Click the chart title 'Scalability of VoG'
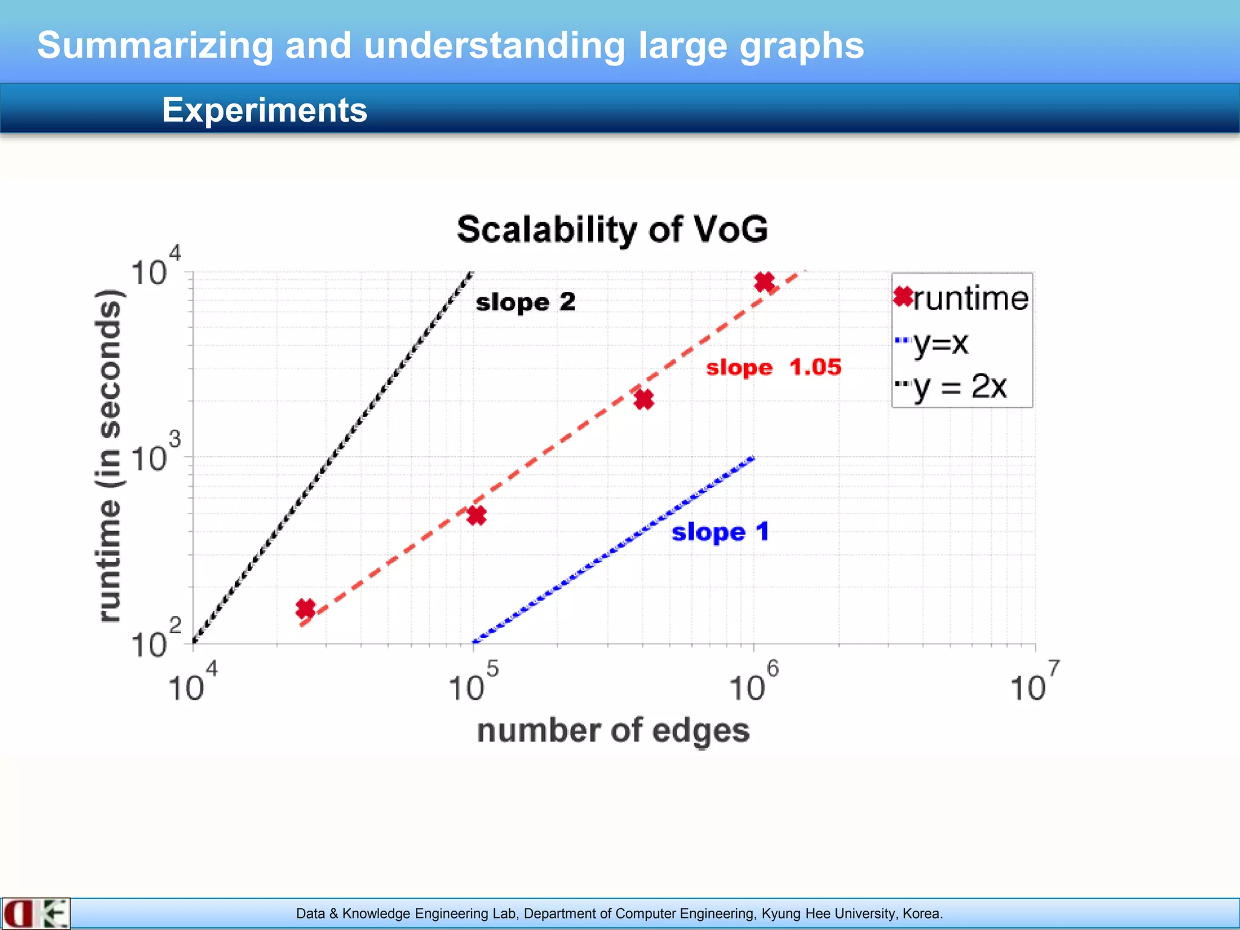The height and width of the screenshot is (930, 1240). [x=612, y=229]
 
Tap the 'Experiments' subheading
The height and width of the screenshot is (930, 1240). [x=265, y=110]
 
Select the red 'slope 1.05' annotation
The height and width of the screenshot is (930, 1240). [x=773, y=367]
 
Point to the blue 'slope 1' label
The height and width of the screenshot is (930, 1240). [x=720, y=532]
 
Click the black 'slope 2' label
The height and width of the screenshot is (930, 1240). [x=525, y=302]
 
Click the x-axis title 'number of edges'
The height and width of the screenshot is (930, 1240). [x=613, y=730]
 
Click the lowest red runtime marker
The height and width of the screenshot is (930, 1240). [x=306, y=608]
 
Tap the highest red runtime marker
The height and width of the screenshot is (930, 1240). [x=764, y=282]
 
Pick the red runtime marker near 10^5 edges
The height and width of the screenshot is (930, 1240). [x=477, y=515]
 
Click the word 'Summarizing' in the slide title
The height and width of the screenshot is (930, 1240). [x=155, y=45]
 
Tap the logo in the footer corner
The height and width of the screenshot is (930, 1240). [x=35, y=914]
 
